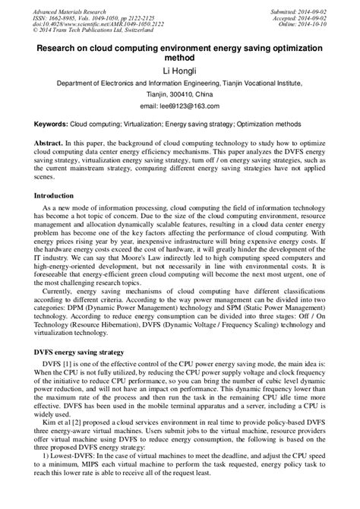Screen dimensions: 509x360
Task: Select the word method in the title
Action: (180, 55)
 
